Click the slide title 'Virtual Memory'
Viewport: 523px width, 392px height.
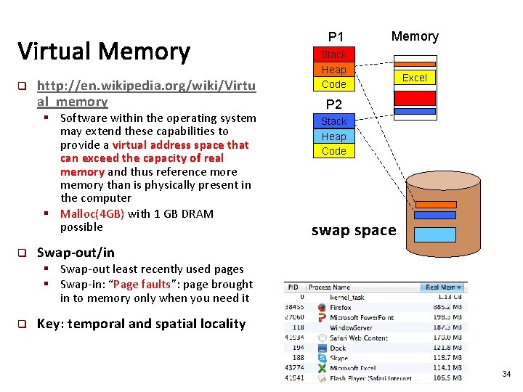click(x=103, y=52)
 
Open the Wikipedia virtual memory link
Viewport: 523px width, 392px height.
click(x=146, y=94)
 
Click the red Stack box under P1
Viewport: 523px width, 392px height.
click(x=333, y=54)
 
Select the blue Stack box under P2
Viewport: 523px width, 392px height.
click(x=333, y=121)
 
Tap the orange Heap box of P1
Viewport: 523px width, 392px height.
click(x=333, y=70)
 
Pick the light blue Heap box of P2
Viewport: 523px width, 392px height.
click(x=333, y=136)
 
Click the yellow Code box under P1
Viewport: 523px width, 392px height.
click(x=333, y=84)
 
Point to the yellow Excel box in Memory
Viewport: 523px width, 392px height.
click(x=414, y=78)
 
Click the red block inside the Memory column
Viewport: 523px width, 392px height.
click(x=414, y=98)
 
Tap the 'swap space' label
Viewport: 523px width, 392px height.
click(x=354, y=230)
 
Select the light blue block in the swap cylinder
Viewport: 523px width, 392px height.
click(x=434, y=234)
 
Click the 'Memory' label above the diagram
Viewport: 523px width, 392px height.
click(x=415, y=36)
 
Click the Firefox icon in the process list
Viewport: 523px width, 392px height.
click(x=322, y=307)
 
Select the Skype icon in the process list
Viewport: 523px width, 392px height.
click(x=322, y=358)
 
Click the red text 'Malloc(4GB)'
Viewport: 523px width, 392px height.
click(x=92, y=213)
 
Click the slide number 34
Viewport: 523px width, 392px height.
click(x=506, y=374)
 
